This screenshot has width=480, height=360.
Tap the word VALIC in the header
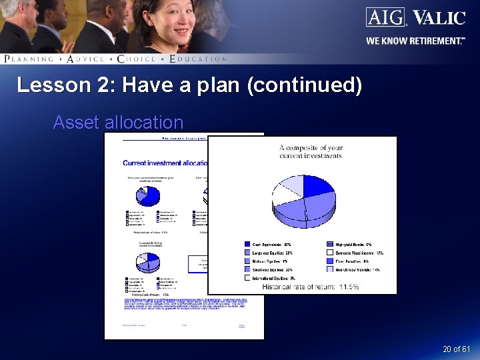pyautogui.click(x=438, y=17)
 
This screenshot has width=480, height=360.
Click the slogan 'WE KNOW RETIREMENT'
pyautogui.click(x=415, y=41)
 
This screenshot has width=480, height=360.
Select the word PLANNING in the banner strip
pyautogui.click(x=29, y=59)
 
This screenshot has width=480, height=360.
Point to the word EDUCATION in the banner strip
pyautogui.click(x=198, y=59)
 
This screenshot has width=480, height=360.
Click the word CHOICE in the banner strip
pyautogui.click(x=136, y=59)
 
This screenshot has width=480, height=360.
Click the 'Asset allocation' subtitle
pyautogui.click(x=118, y=123)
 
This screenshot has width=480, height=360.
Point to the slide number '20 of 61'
pyautogui.click(x=456, y=349)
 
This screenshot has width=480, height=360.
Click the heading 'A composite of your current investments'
pyautogui.click(x=310, y=152)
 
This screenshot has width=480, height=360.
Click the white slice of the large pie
pyautogui.click(x=285, y=197)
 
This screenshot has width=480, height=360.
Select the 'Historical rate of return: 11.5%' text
pyautogui.click(x=311, y=287)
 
